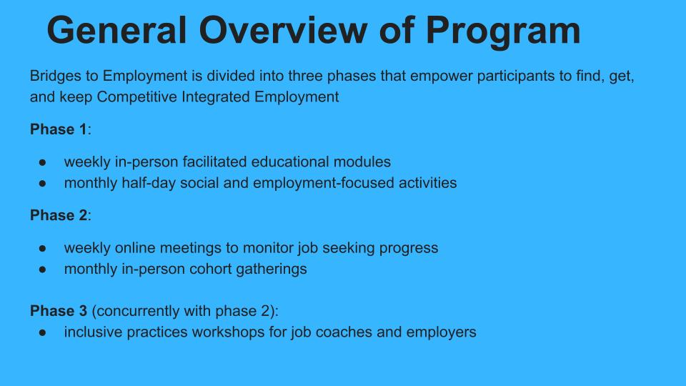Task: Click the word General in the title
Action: click(116, 30)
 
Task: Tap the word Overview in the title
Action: click(283, 30)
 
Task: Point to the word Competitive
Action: click(137, 96)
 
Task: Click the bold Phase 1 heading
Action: click(58, 129)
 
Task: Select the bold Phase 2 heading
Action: click(58, 215)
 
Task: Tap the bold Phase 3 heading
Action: click(58, 311)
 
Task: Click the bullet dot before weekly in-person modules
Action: click(42, 162)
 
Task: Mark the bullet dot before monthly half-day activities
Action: click(42, 184)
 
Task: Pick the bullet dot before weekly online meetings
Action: click(42, 248)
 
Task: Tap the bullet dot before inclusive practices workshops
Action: click(42, 332)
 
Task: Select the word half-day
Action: click(149, 183)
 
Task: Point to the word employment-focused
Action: click(324, 183)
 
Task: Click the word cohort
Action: click(214, 269)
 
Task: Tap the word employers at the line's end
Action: click(441, 332)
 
